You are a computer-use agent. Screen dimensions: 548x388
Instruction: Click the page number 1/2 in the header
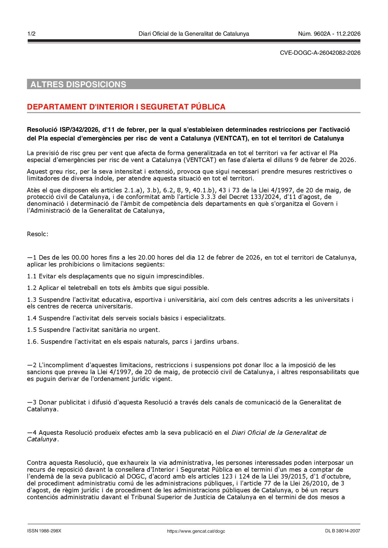click(31, 34)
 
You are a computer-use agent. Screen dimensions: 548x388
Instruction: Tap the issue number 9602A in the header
click(322, 34)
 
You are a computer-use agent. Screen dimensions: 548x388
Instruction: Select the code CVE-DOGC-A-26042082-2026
click(320, 53)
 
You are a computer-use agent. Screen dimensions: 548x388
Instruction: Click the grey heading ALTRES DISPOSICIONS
click(78, 84)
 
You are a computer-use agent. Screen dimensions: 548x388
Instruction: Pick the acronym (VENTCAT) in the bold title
click(230, 138)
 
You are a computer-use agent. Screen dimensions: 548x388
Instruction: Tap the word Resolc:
click(38, 234)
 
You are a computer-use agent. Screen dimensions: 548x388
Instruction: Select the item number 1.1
click(32, 276)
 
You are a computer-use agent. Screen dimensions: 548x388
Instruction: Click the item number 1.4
click(32, 318)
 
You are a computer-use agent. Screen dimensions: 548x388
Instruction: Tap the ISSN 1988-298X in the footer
click(44, 531)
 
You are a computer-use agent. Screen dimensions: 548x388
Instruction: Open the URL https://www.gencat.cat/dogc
click(196, 531)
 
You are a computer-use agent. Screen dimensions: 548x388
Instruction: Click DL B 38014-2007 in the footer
click(342, 531)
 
